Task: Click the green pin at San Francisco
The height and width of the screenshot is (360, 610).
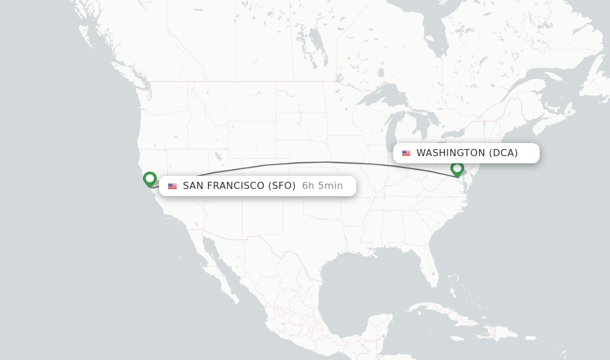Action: point(150,179)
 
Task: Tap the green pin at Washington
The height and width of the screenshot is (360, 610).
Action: point(457,169)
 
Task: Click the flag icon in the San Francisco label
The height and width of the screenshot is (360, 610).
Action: point(172,186)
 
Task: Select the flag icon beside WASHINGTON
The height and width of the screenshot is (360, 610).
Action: point(406,153)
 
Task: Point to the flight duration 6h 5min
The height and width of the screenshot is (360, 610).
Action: point(322,186)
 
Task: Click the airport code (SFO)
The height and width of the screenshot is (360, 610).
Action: point(282,186)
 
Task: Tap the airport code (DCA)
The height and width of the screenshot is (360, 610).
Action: point(503,153)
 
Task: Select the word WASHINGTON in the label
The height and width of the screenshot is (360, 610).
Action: point(450,153)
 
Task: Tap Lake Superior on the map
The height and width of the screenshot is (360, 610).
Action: point(381,94)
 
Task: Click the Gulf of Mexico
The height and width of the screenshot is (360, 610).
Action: point(357,280)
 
